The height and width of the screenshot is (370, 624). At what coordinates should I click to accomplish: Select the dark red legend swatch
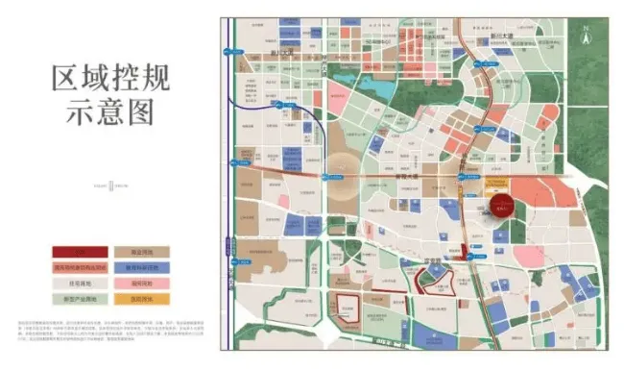coord(78,252)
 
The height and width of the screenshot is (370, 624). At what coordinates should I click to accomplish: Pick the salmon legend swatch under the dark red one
coord(78,267)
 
